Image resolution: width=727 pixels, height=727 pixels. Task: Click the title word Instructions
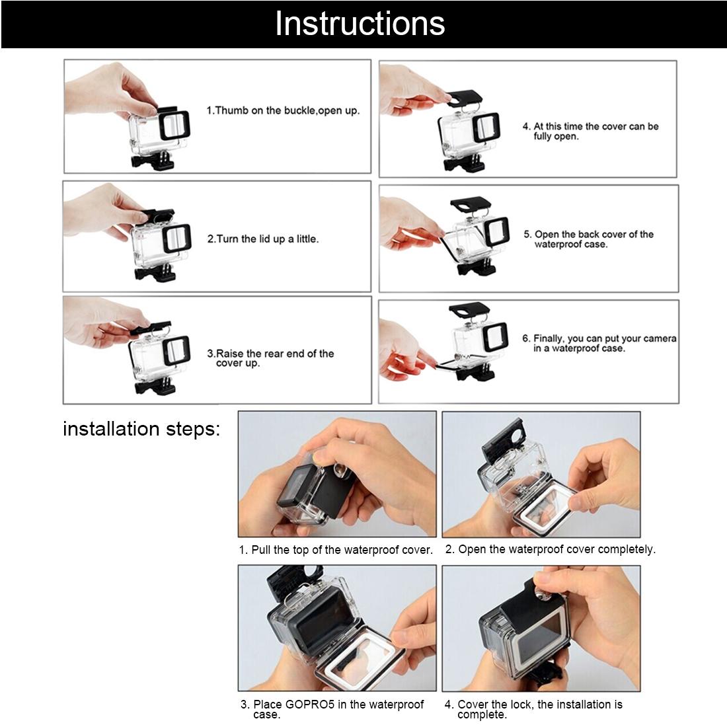click(x=360, y=24)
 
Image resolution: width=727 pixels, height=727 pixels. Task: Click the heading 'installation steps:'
click(x=141, y=429)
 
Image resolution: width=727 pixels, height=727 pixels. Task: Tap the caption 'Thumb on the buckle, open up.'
click(x=283, y=110)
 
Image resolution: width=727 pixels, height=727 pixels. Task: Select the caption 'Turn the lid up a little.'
click(x=262, y=239)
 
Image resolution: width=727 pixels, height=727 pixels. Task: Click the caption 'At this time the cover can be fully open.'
click(x=590, y=131)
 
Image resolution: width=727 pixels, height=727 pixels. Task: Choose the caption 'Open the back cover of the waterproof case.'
click(x=588, y=239)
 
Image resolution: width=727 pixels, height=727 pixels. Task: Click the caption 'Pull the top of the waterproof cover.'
click(x=336, y=550)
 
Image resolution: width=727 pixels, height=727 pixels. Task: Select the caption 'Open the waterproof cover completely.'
click(x=550, y=549)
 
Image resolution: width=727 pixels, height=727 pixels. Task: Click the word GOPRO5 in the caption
click(x=311, y=705)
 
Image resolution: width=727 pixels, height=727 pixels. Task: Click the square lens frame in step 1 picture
click(x=175, y=125)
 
